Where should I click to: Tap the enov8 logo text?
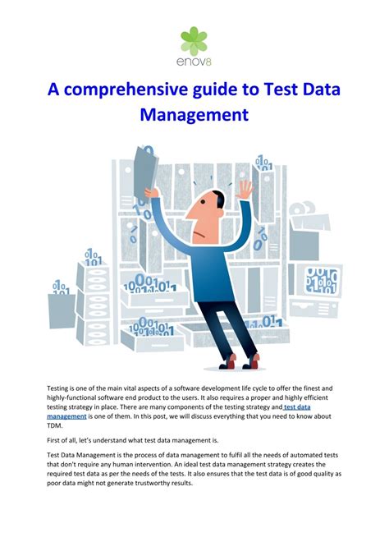pyautogui.click(x=194, y=62)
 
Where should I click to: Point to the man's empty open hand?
pyautogui.click(x=268, y=191)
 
